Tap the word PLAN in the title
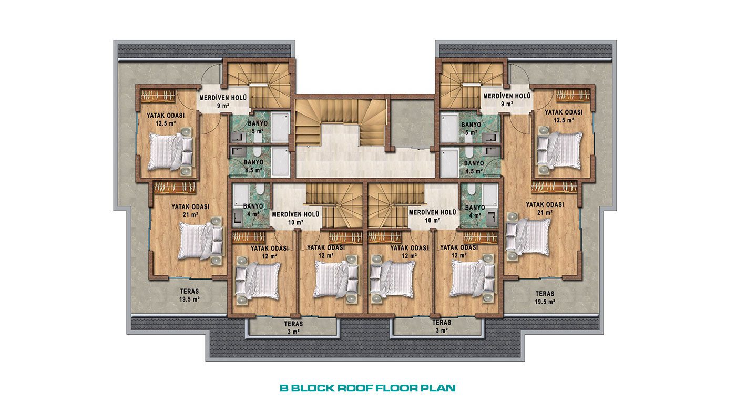pos(438,388)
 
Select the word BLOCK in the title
pos(313,388)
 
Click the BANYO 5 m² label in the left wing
pos(258,127)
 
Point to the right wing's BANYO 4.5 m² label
pos(474,167)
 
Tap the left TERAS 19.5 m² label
pos(190,295)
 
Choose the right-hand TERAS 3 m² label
pos(442,326)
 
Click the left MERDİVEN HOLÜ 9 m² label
pos(223,101)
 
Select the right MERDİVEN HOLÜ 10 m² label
pos(432,216)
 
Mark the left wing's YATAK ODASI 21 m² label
pos(190,211)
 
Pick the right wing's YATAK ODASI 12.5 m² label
pos(564,116)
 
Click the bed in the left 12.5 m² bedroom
pos(171,151)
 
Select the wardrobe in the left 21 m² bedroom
pos(175,187)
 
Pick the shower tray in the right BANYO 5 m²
pos(449,128)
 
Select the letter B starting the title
pos(284,388)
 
